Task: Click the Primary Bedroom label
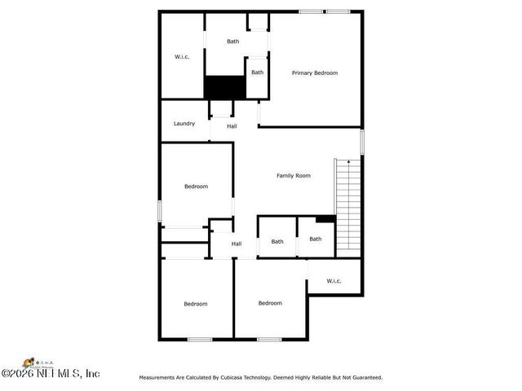pyautogui.click(x=315, y=73)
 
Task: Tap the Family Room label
pyautogui.click(x=294, y=176)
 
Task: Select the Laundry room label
pyautogui.click(x=184, y=124)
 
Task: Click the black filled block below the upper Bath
pyautogui.click(x=224, y=87)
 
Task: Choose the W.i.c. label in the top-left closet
pyautogui.click(x=182, y=57)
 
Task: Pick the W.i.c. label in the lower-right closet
pyautogui.click(x=334, y=281)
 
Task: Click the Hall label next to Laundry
pyautogui.click(x=232, y=126)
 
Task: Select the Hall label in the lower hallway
pyautogui.click(x=237, y=244)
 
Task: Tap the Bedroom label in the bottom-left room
pyautogui.click(x=196, y=304)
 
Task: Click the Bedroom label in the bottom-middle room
pyautogui.click(x=270, y=303)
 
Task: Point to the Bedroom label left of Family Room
pyautogui.click(x=196, y=187)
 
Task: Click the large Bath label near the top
pyautogui.click(x=233, y=42)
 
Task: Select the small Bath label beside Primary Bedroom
pyautogui.click(x=257, y=72)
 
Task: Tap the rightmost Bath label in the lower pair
pyautogui.click(x=316, y=239)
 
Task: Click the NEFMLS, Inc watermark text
pyautogui.click(x=51, y=374)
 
